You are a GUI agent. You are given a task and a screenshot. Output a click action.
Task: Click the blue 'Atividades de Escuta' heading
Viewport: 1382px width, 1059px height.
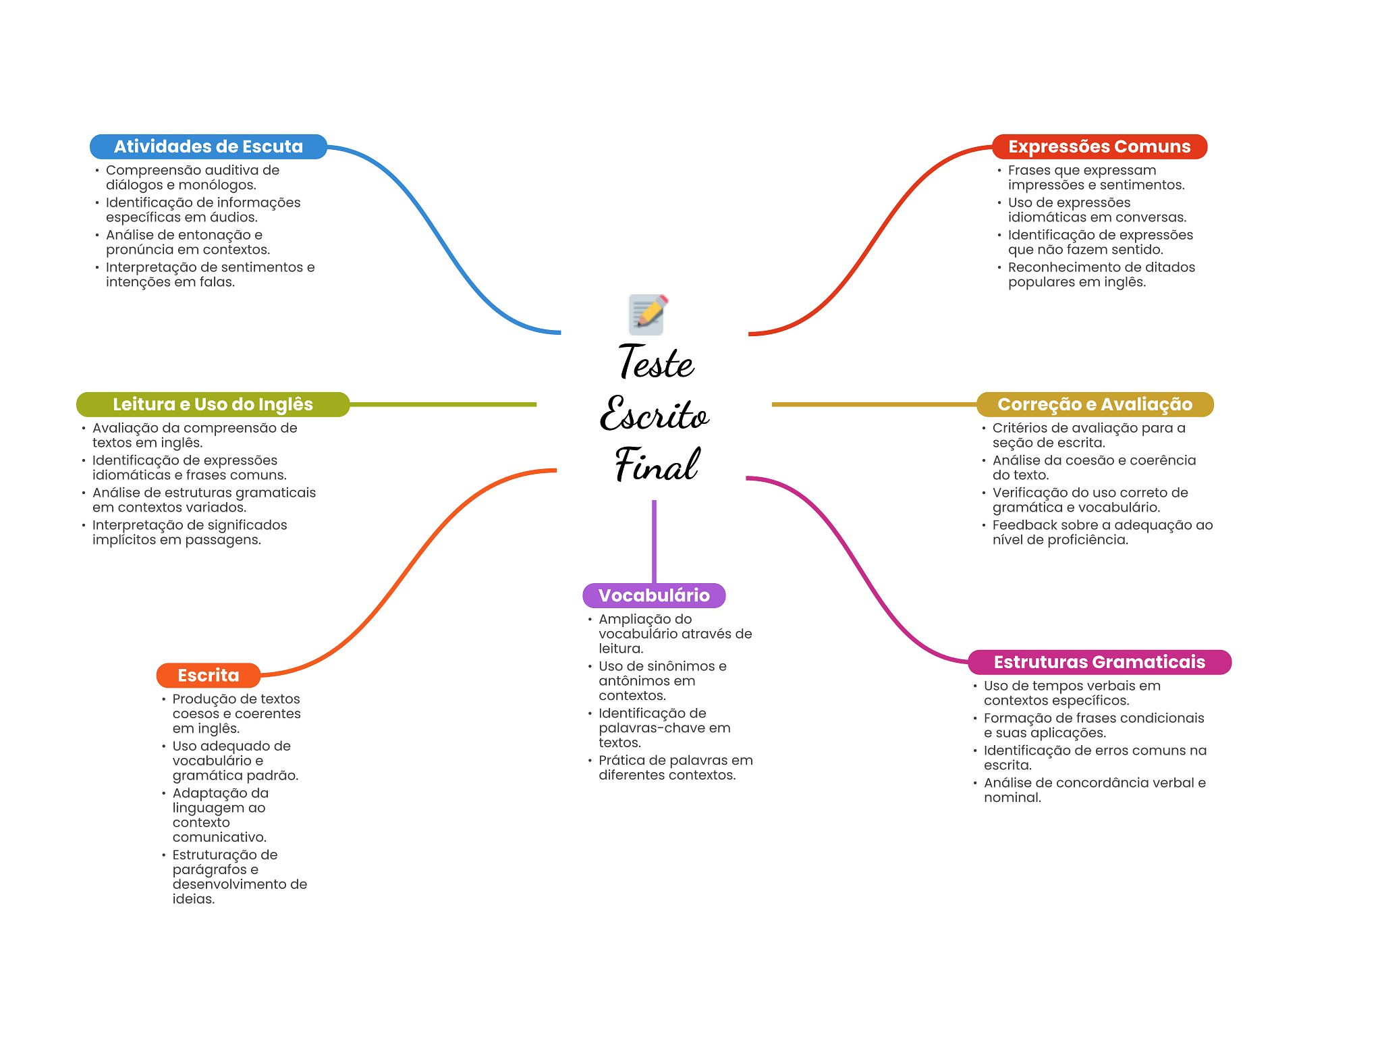pos(209,146)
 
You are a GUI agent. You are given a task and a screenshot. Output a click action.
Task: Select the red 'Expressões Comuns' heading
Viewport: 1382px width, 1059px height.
pos(1099,146)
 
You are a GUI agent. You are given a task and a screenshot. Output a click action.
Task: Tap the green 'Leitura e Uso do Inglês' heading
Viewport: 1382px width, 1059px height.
pos(213,404)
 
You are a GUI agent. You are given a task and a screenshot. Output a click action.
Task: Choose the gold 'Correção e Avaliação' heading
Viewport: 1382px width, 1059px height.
pos(1095,404)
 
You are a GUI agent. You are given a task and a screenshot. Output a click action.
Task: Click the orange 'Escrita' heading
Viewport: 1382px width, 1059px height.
pos(209,675)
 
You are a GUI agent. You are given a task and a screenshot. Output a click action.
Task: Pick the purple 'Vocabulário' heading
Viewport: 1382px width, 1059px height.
pos(654,595)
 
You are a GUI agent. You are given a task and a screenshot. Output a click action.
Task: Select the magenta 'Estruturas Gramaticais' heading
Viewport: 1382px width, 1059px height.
pos(1099,662)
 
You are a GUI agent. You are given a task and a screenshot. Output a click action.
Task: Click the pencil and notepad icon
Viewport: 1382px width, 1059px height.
pos(648,315)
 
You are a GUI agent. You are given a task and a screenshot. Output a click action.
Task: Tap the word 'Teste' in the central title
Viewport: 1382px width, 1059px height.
pos(656,362)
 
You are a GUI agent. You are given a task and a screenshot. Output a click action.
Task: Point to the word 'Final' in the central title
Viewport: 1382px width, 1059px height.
pos(657,464)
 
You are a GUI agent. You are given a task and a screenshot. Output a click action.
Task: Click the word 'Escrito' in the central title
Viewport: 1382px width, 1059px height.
pos(655,413)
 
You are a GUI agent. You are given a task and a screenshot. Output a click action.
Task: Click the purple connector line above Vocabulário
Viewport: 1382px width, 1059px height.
pos(654,541)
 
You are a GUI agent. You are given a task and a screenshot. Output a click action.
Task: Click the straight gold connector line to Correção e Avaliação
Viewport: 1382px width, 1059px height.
pos(874,404)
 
